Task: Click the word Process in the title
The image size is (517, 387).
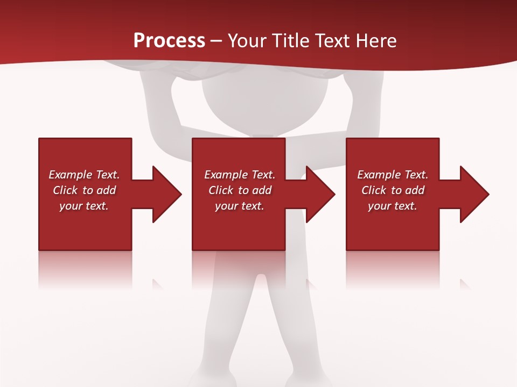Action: tap(169, 41)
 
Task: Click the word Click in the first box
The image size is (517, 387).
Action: tap(66, 190)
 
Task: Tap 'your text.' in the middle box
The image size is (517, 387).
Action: tap(239, 206)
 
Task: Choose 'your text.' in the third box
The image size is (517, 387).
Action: tap(392, 206)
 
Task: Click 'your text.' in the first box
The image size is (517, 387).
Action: tap(84, 206)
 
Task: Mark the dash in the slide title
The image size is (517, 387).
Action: tap(216, 41)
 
